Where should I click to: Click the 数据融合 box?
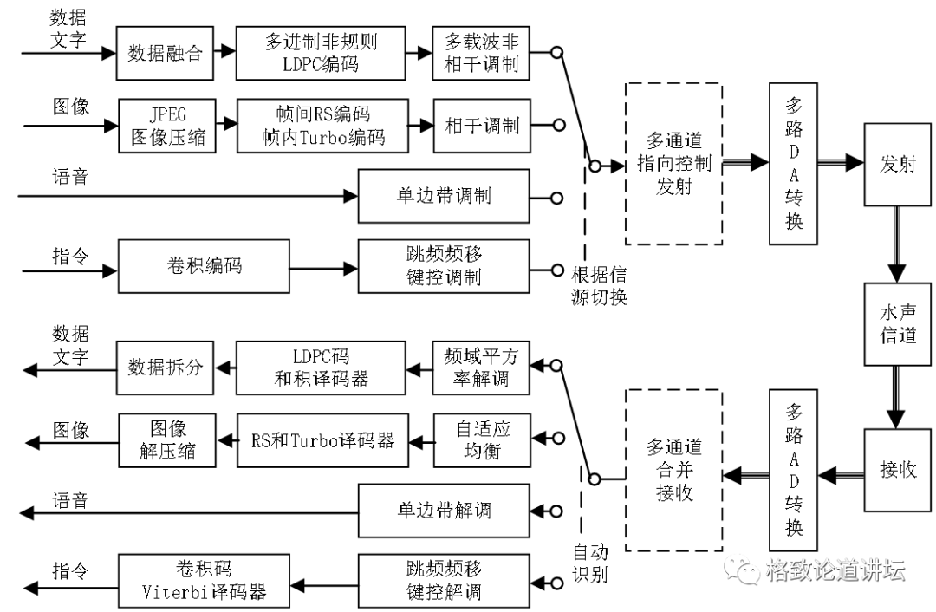click(165, 53)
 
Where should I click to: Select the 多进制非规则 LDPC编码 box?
click(321, 53)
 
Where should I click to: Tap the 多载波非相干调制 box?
click(481, 53)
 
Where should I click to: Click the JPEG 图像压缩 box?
click(167, 126)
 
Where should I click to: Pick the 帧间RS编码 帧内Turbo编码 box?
click(322, 126)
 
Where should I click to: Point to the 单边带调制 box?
click(443, 195)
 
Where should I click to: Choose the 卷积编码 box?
click(204, 266)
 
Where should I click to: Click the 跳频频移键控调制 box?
click(443, 266)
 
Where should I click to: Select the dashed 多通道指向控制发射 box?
click(673, 163)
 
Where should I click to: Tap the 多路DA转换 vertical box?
click(794, 163)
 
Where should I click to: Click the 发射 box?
click(897, 164)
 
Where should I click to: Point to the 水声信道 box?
click(897, 324)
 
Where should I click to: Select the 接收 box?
click(897, 470)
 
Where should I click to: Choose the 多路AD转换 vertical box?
click(794, 470)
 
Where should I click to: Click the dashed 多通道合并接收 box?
click(673, 470)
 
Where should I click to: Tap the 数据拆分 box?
click(165, 367)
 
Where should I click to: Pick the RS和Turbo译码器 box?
click(322, 439)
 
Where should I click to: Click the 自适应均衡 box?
click(481, 439)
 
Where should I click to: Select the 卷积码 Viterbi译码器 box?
click(204, 581)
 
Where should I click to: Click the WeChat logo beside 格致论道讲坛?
click(744, 569)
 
